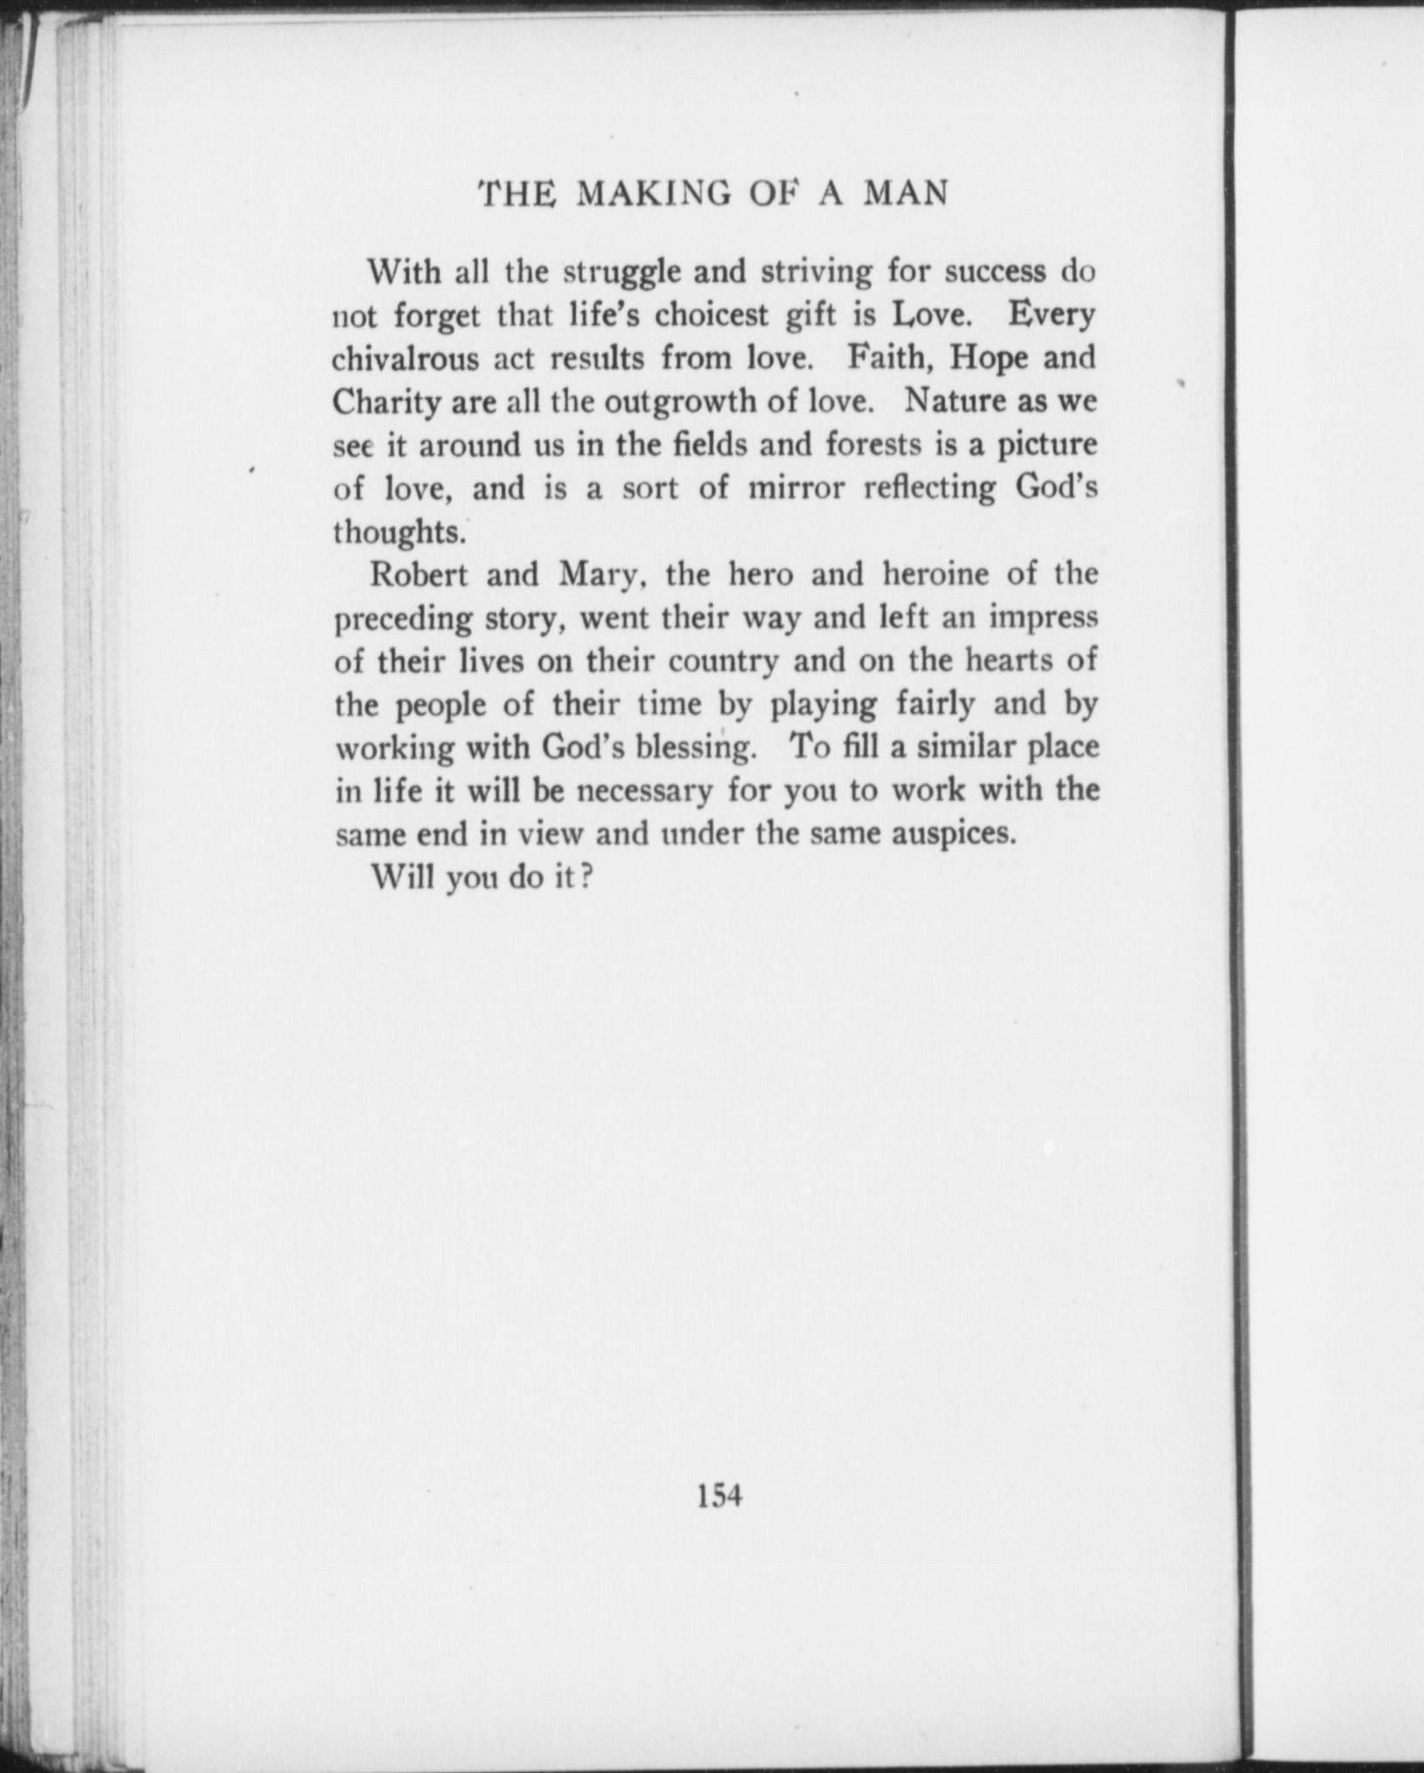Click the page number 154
(x=719, y=1496)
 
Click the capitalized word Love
(x=930, y=315)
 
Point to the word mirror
(x=797, y=489)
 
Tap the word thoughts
(x=398, y=532)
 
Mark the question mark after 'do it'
(x=587, y=876)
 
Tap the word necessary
(x=646, y=791)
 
